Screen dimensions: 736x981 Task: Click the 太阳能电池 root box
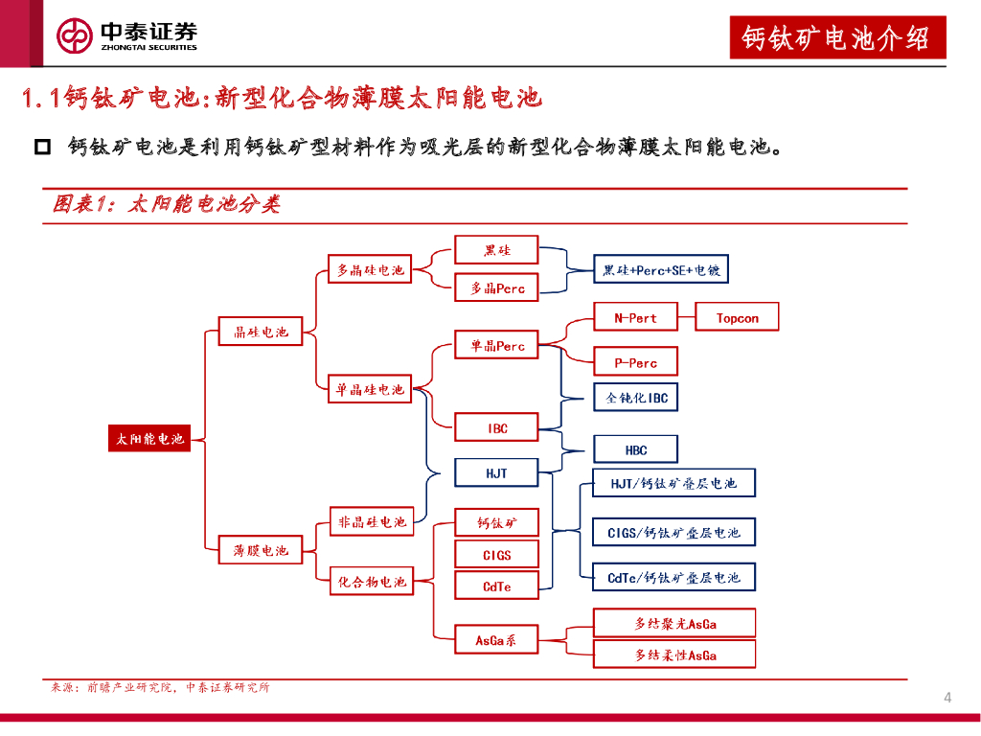[x=149, y=439]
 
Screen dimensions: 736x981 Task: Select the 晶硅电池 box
[x=261, y=332]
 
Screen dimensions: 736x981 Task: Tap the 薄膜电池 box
[x=261, y=550]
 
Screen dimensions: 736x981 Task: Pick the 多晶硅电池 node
[x=370, y=270]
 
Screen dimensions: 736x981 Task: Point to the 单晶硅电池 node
[x=370, y=390]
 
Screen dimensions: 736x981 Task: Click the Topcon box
[x=737, y=318]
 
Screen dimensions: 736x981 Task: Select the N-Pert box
[x=635, y=318]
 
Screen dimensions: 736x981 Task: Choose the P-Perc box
[x=635, y=363]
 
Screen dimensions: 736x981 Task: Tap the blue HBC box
[x=635, y=449]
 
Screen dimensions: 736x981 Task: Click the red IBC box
[x=496, y=428]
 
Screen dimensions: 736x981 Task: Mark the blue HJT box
[x=496, y=473]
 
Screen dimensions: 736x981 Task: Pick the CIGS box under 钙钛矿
[x=496, y=555]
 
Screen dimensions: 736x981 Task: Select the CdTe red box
[x=496, y=586]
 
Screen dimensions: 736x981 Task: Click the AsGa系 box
[x=496, y=639]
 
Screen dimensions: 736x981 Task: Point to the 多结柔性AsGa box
[x=674, y=655]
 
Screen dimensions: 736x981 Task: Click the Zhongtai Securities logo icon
[x=75, y=36]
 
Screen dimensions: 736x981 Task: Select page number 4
[x=947, y=697]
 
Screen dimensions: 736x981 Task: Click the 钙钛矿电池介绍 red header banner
[x=836, y=38]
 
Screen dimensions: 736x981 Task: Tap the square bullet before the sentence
[x=42, y=147]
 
